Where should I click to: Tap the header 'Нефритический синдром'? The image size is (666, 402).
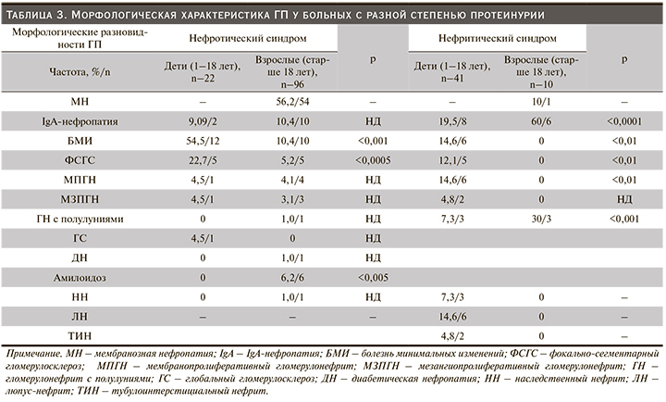click(499, 41)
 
